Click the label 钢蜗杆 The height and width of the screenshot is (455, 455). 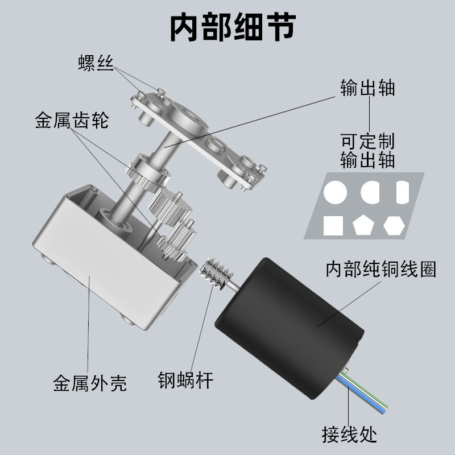click(185, 379)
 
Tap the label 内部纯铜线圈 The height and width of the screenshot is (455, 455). click(380, 269)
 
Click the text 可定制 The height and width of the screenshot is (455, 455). click(367, 141)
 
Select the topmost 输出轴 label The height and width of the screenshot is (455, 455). click(367, 89)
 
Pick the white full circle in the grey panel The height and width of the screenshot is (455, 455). click(336, 193)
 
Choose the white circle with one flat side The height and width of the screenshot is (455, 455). click(370, 193)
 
